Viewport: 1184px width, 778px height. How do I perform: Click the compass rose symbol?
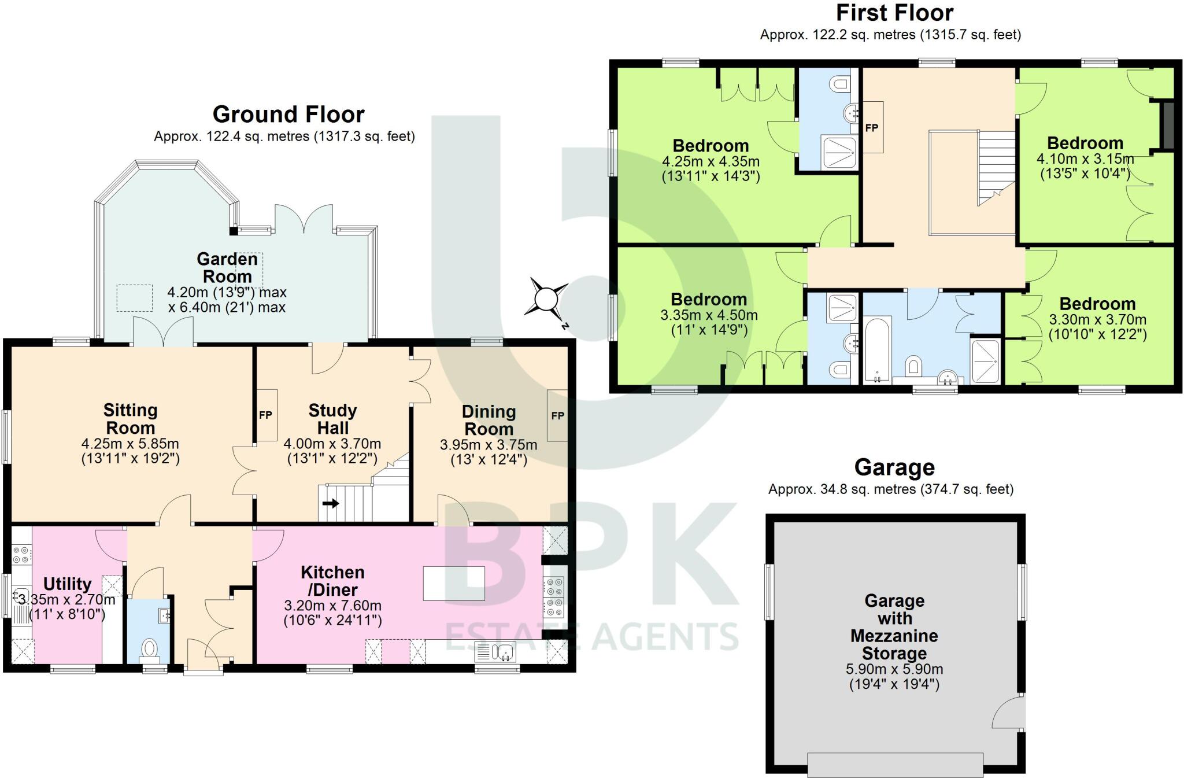click(x=546, y=300)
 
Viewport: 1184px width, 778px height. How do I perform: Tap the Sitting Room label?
click(x=130, y=419)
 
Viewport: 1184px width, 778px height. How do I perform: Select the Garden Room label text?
click(x=227, y=267)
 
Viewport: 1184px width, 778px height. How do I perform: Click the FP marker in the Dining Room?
click(x=557, y=415)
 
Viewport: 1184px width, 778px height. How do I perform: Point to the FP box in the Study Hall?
click(x=265, y=415)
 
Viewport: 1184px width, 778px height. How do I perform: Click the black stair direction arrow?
click(x=331, y=503)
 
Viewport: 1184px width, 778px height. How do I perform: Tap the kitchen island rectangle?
click(x=454, y=583)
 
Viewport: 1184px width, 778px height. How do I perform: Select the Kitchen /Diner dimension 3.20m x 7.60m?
click(x=332, y=606)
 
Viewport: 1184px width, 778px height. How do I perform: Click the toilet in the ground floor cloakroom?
click(x=149, y=649)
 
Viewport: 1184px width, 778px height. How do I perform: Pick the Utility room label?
click(x=68, y=584)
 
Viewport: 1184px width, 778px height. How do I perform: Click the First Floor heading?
click(x=894, y=13)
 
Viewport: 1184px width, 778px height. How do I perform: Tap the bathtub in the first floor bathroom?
click(x=877, y=349)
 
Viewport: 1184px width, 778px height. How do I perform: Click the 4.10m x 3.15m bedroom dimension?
click(x=1085, y=159)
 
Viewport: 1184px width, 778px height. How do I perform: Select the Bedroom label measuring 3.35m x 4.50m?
click(x=709, y=299)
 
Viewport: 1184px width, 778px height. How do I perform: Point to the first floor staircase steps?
click(x=997, y=162)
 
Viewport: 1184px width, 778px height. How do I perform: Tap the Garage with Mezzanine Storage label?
click(x=894, y=627)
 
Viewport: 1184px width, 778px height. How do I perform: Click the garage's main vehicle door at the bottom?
click(x=895, y=764)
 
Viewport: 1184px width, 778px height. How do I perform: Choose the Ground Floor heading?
click(x=288, y=114)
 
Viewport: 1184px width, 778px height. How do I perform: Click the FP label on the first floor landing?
click(x=871, y=128)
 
